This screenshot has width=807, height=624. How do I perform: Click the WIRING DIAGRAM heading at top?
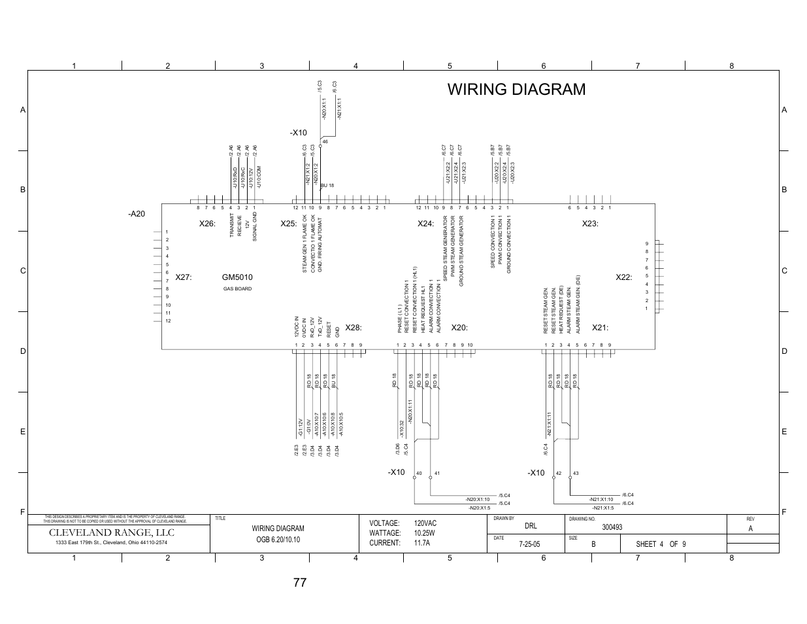(516, 90)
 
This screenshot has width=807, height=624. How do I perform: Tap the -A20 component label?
(136, 215)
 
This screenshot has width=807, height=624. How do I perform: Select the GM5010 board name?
(237, 278)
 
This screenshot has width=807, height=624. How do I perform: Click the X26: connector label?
(207, 224)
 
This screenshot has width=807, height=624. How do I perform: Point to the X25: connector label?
(289, 224)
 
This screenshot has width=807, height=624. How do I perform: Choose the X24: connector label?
(425, 224)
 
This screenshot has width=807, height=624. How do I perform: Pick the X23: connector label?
(590, 224)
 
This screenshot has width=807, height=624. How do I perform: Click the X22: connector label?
(623, 277)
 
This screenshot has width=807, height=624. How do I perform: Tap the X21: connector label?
(600, 328)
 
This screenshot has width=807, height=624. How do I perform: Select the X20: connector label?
(459, 328)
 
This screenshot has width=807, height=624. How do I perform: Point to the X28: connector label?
(353, 328)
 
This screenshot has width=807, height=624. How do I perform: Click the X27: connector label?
(183, 278)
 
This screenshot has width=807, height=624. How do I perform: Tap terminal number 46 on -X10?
(325, 142)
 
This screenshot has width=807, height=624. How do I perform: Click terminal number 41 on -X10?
(436, 473)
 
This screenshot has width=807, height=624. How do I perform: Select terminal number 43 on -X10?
(576, 473)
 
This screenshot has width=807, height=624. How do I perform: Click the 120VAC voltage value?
(425, 524)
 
